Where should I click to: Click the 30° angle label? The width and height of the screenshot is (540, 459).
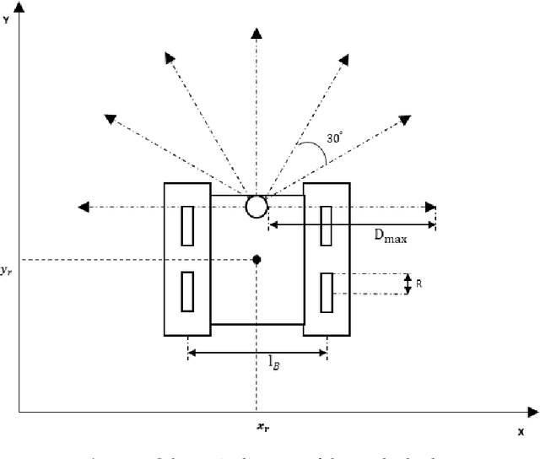point(335,138)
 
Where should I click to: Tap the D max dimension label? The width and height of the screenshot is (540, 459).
point(391,238)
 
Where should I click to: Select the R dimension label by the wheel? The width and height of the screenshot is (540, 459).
point(419,284)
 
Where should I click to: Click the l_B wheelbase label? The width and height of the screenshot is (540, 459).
point(274,363)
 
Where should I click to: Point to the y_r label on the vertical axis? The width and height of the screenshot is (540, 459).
point(7,270)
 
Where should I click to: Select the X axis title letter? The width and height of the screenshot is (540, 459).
point(521,430)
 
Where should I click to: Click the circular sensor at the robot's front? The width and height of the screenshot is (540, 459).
point(256,207)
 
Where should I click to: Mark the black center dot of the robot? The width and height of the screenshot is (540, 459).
point(256,259)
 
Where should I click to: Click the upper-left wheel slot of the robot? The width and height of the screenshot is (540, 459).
point(187,226)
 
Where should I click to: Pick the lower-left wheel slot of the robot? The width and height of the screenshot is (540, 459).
point(187,292)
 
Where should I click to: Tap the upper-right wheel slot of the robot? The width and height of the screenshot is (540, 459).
point(327,226)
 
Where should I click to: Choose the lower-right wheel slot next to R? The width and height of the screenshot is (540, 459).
point(327,292)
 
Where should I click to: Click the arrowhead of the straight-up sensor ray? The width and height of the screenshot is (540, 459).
point(256,33)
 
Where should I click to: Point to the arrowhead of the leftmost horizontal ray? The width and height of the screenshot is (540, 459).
point(83,207)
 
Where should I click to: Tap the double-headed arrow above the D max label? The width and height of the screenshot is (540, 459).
point(351,224)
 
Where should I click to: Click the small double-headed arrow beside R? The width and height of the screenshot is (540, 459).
point(408,284)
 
